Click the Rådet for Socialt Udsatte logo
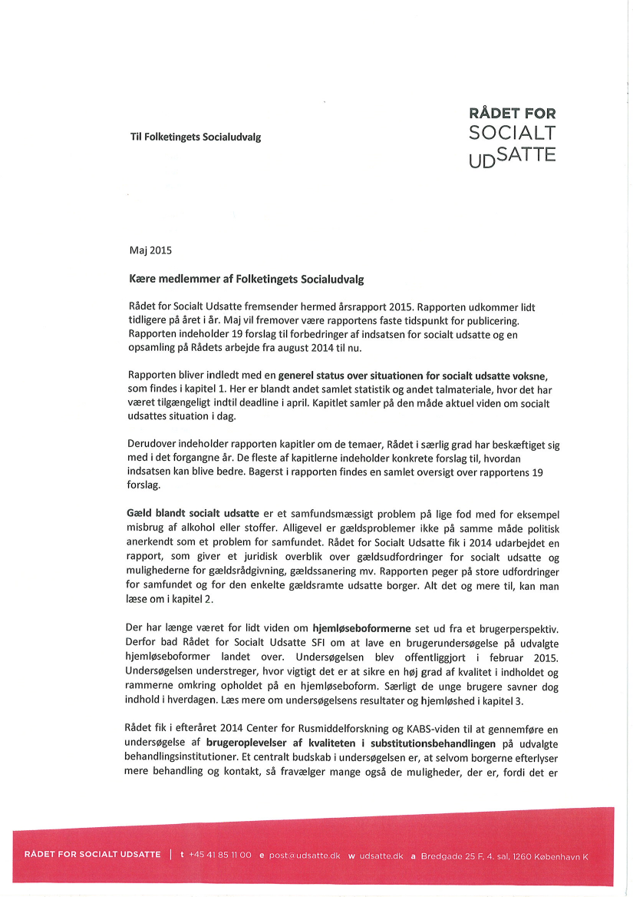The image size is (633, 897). pyautogui.click(x=512, y=136)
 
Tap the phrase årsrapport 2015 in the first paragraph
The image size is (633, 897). pyautogui.click(x=381, y=306)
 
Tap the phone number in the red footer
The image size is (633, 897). pyautogui.click(x=220, y=855)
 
